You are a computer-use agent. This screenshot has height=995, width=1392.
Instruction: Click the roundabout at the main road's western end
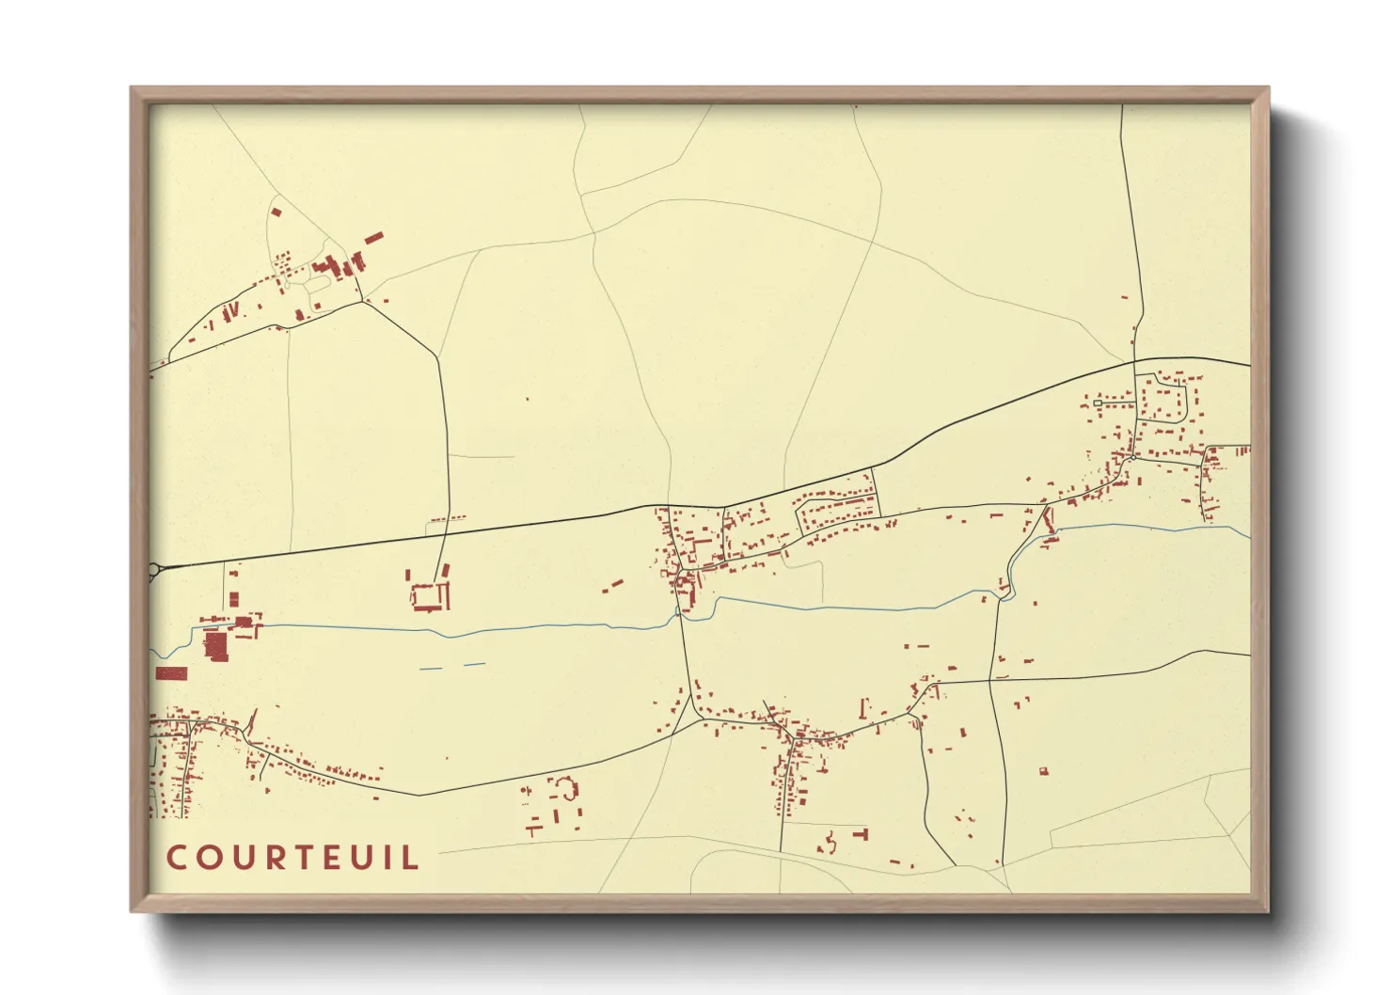[153, 569]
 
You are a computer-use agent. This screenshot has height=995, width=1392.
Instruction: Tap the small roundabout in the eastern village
[1133, 458]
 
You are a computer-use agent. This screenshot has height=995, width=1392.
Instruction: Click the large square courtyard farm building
[429, 596]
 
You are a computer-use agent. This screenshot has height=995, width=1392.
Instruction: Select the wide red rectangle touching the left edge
[171, 673]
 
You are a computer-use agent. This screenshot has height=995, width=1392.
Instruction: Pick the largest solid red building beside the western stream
[215, 646]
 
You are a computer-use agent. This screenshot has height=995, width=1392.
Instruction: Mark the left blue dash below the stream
[430, 669]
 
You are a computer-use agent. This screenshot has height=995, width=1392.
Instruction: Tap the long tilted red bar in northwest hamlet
[373, 238]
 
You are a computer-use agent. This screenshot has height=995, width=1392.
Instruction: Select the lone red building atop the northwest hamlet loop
[276, 212]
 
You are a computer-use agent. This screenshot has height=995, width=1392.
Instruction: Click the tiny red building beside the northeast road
[1125, 298]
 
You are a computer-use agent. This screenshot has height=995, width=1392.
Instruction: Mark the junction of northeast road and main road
[1135, 360]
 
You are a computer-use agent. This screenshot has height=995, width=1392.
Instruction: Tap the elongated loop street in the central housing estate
[837, 509]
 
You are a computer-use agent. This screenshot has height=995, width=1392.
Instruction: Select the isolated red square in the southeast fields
[1043, 772]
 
